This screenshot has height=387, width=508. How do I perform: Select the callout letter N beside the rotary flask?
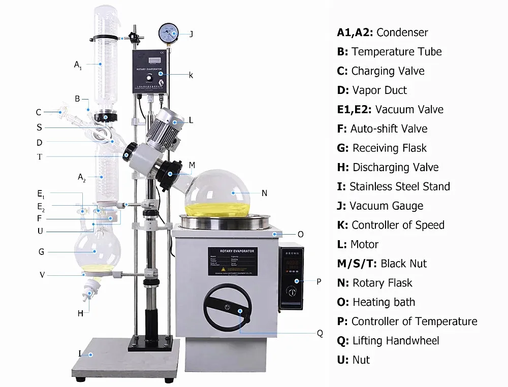(264, 193)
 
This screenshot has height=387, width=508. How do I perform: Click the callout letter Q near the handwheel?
(320, 333)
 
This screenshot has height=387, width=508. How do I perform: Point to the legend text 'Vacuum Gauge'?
(386, 206)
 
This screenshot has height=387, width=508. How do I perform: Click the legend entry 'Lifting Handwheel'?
(395, 341)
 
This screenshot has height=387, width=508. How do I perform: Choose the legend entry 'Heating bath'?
(384, 302)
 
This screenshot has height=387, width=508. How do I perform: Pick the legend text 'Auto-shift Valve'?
(389, 128)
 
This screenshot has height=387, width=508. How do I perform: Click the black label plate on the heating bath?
(232, 261)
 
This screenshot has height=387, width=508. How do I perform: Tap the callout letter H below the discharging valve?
(80, 313)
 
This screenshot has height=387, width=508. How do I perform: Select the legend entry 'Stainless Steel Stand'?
(399, 186)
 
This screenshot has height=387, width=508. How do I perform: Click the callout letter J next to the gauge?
(191, 34)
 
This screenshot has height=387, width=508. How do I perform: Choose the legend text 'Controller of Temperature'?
(414, 321)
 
